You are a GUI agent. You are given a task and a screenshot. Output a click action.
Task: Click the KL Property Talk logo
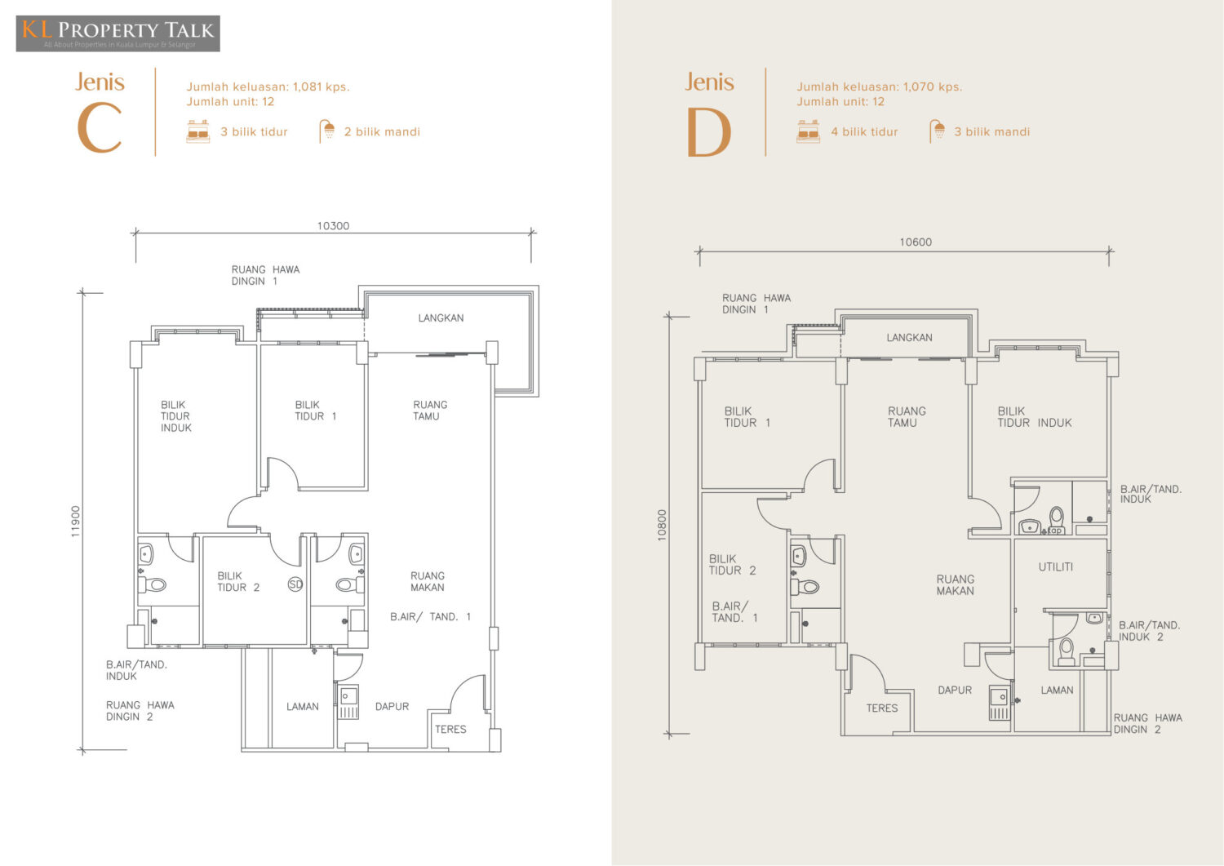(118, 33)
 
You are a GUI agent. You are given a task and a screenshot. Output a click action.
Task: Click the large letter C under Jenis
(100, 128)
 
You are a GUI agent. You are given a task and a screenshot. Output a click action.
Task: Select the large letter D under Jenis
(709, 131)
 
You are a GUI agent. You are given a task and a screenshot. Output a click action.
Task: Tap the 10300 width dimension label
(333, 226)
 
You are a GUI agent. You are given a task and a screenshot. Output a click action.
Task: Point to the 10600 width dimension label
(916, 242)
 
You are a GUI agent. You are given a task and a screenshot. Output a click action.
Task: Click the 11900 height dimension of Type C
(76, 522)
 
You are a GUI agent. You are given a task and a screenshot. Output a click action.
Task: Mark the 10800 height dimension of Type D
(663, 526)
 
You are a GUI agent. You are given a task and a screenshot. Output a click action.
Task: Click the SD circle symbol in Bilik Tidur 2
(295, 584)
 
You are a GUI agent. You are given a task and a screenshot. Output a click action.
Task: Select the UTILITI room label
(1055, 567)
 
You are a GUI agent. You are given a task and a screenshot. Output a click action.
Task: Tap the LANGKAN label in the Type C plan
(441, 318)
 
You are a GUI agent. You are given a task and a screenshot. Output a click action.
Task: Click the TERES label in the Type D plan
(882, 708)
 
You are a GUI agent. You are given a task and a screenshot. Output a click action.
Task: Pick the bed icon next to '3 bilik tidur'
(197, 131)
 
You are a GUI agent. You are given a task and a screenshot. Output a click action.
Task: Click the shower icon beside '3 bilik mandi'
(937, 131)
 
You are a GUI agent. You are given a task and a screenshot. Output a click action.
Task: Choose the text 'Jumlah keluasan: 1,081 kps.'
(268, 87)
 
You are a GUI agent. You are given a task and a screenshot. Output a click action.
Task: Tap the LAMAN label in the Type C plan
(303, 706)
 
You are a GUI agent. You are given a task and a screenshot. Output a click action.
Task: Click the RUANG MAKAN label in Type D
(956, 584)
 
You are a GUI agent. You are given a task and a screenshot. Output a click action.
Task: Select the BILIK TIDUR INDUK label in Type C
(176, 416)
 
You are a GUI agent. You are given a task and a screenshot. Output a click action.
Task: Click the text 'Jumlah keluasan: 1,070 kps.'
(879, 87)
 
